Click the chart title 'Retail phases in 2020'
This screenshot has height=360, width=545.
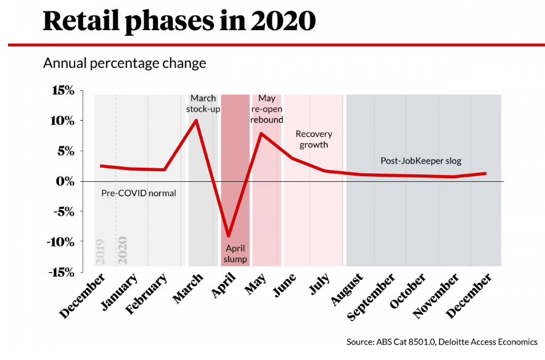pyautogui.click(x=179, y=22)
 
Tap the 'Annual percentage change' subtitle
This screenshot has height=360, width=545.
pyautogui.click(x=124, y=63)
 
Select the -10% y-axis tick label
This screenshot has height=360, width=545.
pyautogui.click(x=60, y=242)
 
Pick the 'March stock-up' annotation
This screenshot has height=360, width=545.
pyautogui.click(x=203, y=103)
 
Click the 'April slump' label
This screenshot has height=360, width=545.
pyautogui.click(x=236, y=254)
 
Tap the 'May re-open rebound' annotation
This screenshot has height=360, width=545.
pyautogui.click(x=267, y=109)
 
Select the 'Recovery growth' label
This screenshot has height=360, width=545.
pyautogui.click(x=314, y=139)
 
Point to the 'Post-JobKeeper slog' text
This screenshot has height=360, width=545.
pyautogui.click(x=421, y=162)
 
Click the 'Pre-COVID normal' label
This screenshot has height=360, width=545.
pyautogui.click(x=139, y=193)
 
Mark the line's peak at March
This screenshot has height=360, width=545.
pyautogui.click(x=196, y=120)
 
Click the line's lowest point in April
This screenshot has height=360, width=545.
pyautogui.click(x=229, y=236)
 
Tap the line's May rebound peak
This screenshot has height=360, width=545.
pyautogui.click(x=261, y=133)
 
